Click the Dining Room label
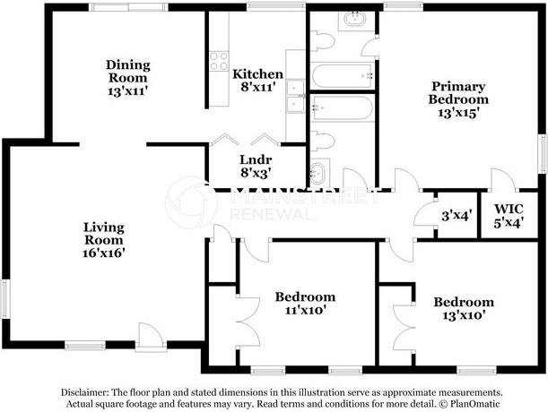click(128, 72)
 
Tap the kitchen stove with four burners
click(219, 61)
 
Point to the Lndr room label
click(256, 160)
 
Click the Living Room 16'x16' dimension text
click(104, 253)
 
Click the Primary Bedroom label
click(458, 92)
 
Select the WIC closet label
click(509, 210)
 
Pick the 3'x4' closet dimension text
click(457, 216)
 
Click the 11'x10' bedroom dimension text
click(306, 310)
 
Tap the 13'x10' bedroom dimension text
click(464, 315)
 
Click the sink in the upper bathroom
click(355, 19)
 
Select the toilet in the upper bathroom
click(322, 41)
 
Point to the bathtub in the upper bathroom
click(342, 76)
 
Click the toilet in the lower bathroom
click(322, 141)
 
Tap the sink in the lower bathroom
click(318, 173)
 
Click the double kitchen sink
click(295, 97)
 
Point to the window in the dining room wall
click(128, 7)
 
